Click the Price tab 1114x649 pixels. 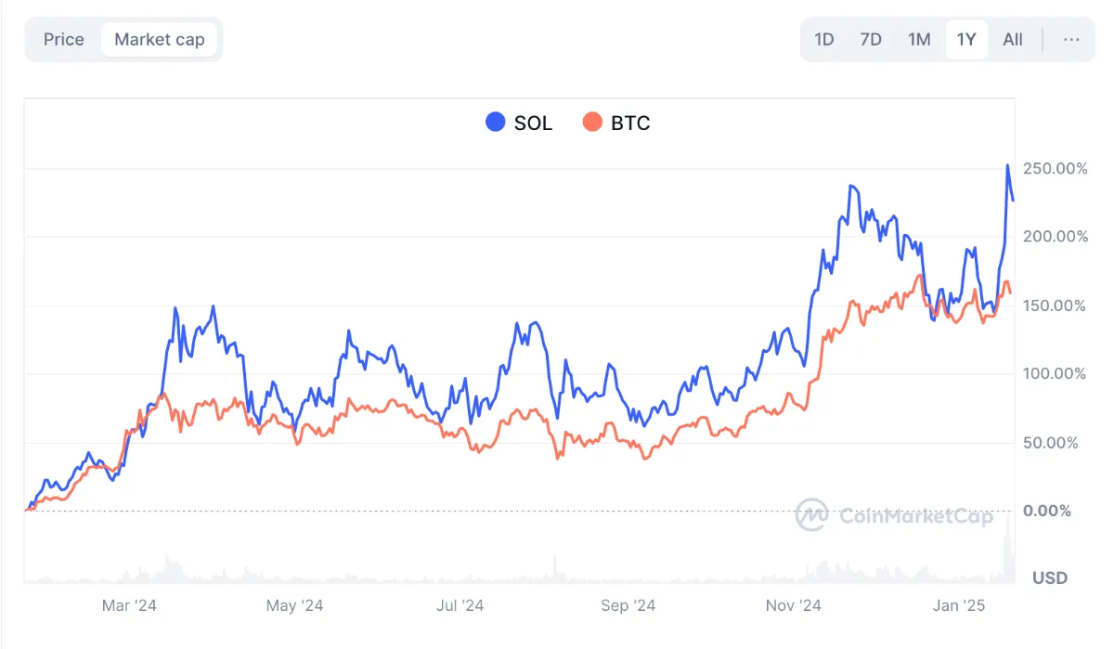pos(64,40)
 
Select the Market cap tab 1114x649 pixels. pos(160,40)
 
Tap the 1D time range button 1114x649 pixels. pos(824,40)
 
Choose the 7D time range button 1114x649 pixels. pos(871,40)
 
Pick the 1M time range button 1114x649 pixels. pos(919,40)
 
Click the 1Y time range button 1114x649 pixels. pos(966,40)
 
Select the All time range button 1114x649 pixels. pos(1013,40)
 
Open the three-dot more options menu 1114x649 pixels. pos(1071,40)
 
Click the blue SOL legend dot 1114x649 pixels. pos(496,123)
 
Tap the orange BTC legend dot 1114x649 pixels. pos(592,123)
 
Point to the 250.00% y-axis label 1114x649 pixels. pos(1054,169)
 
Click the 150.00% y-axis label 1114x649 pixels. pos(1054,305)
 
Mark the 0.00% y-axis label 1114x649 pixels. pos(1047,511)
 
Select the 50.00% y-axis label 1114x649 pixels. pos(1050,443)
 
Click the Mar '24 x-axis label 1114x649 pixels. pos(129,606)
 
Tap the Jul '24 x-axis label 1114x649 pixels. pos(460,606)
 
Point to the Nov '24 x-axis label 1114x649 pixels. pos(793,606)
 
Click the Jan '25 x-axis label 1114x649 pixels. pos(959,606)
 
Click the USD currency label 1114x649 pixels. pos(1050,578)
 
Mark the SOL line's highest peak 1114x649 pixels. pos(1008,166)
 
